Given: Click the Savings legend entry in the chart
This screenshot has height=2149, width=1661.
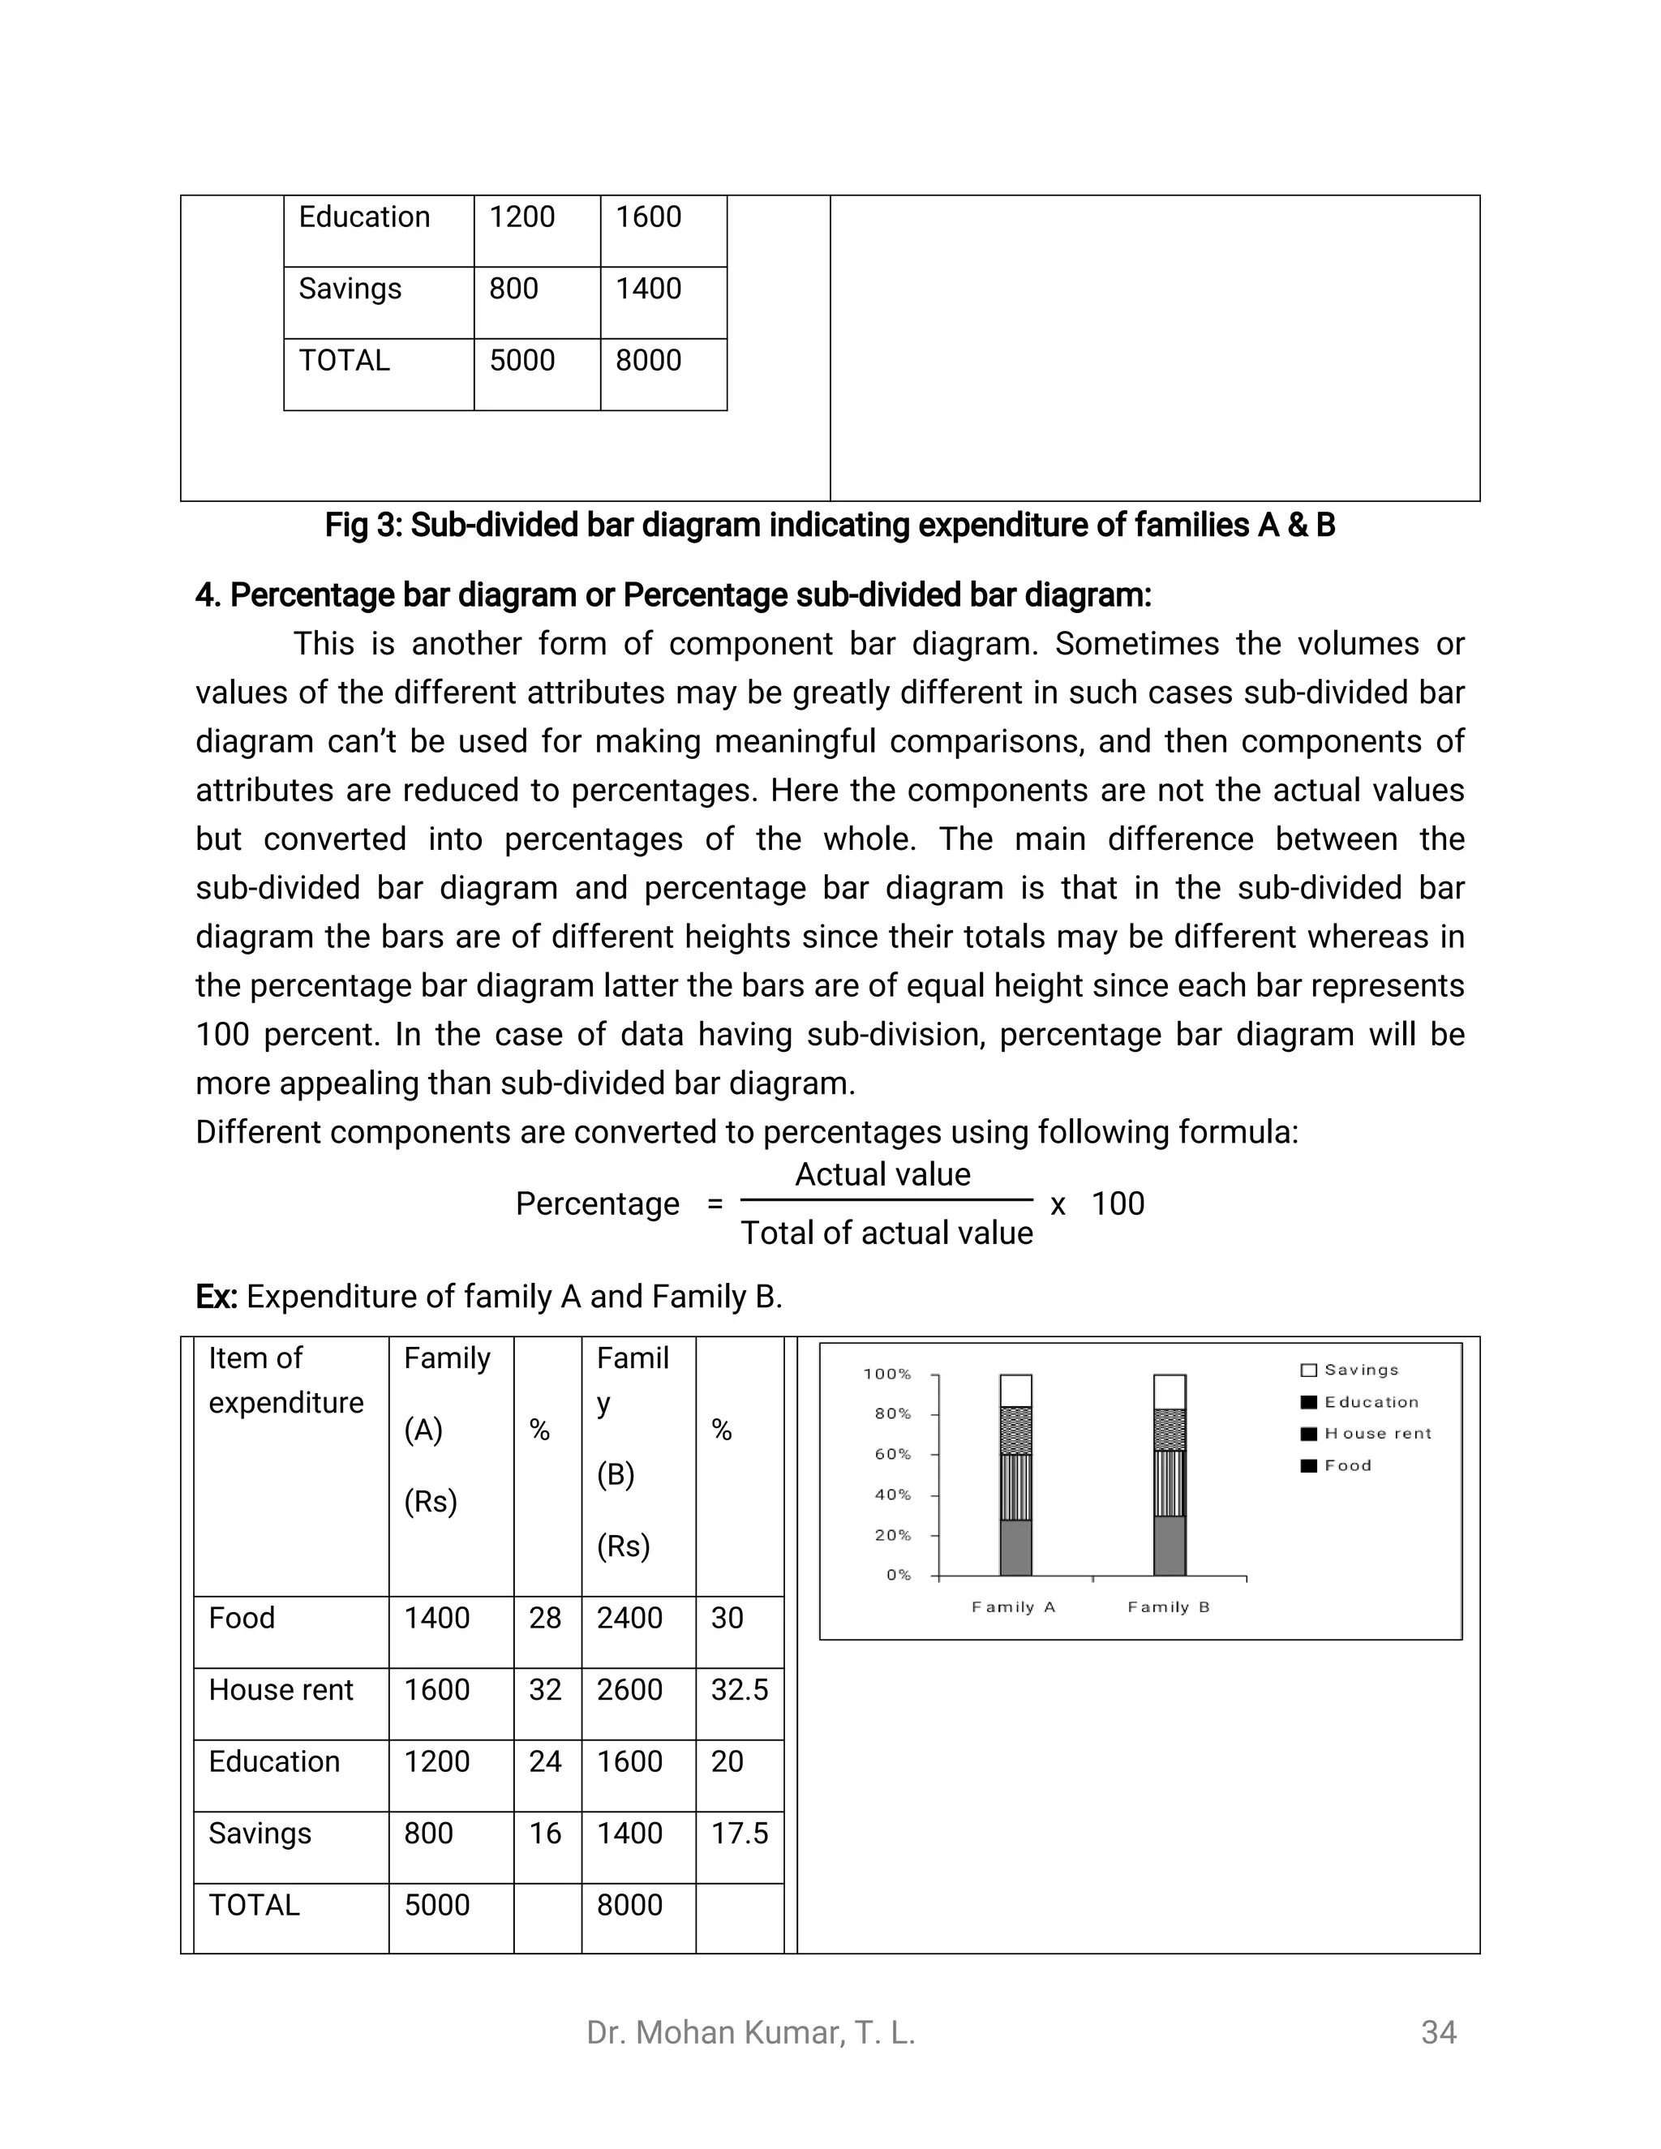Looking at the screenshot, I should pyautogui.click(x=1360, y=1370).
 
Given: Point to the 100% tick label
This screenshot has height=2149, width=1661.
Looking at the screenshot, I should pyautogui.click(x=887, y=1374).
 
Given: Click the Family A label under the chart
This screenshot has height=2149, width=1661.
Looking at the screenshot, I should pyautogui.click(x=1014, y=1606).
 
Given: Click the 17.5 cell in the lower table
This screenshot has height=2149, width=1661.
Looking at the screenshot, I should pyautogui.click(x=739, y=1834).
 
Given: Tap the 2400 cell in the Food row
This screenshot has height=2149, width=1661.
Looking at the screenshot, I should pyautogui.click(x=629, y=1619).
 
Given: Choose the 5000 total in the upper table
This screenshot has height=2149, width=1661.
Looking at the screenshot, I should pyautogui.click(x=522, y=361).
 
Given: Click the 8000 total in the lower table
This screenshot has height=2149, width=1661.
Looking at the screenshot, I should pyautogui.click(x=629, y=1906).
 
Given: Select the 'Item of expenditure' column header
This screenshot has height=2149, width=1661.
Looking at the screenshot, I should pyautogui.click(x=285, y=1379).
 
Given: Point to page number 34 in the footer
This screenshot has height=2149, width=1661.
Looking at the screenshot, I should pyautogui.click(x=1439, y=2033).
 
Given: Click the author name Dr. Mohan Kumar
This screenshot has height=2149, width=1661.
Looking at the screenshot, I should pyautogui.click(x=750, y=2033).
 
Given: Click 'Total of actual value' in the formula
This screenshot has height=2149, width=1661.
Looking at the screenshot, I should pyautogui.click(x=886, y=1233).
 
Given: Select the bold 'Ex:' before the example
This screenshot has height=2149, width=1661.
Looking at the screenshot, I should pyautogui.click(x=217, y=1297).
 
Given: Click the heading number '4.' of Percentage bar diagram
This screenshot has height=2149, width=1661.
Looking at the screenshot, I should pyautogui.click(x=208, y=595).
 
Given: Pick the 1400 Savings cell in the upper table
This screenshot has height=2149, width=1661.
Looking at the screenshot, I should pyautogui.click(x=649, y=290).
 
